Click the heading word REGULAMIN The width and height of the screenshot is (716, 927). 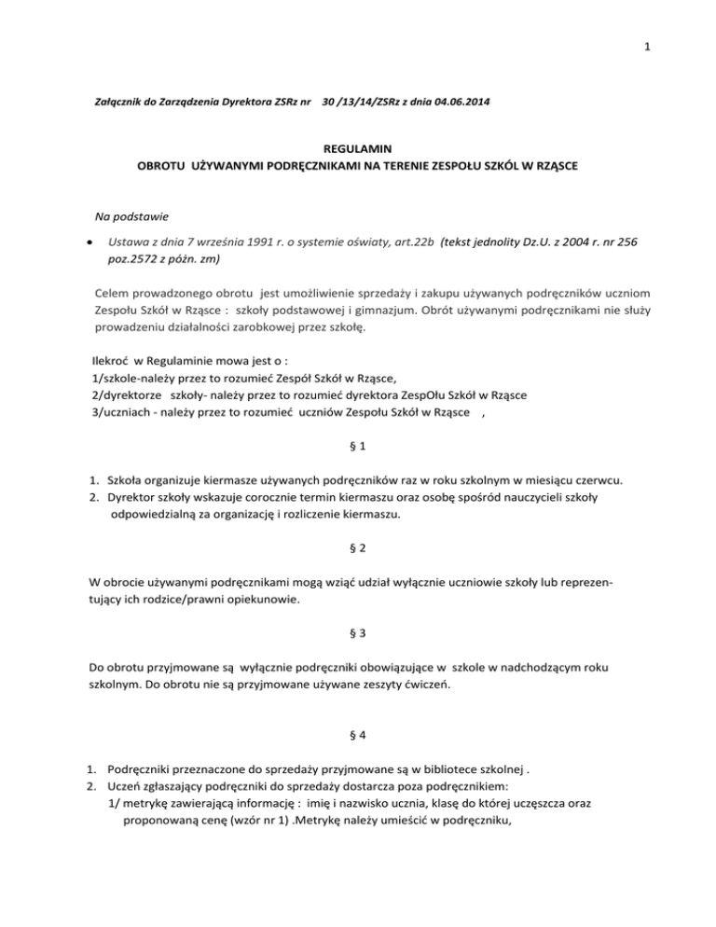click(x=357, y=147)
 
